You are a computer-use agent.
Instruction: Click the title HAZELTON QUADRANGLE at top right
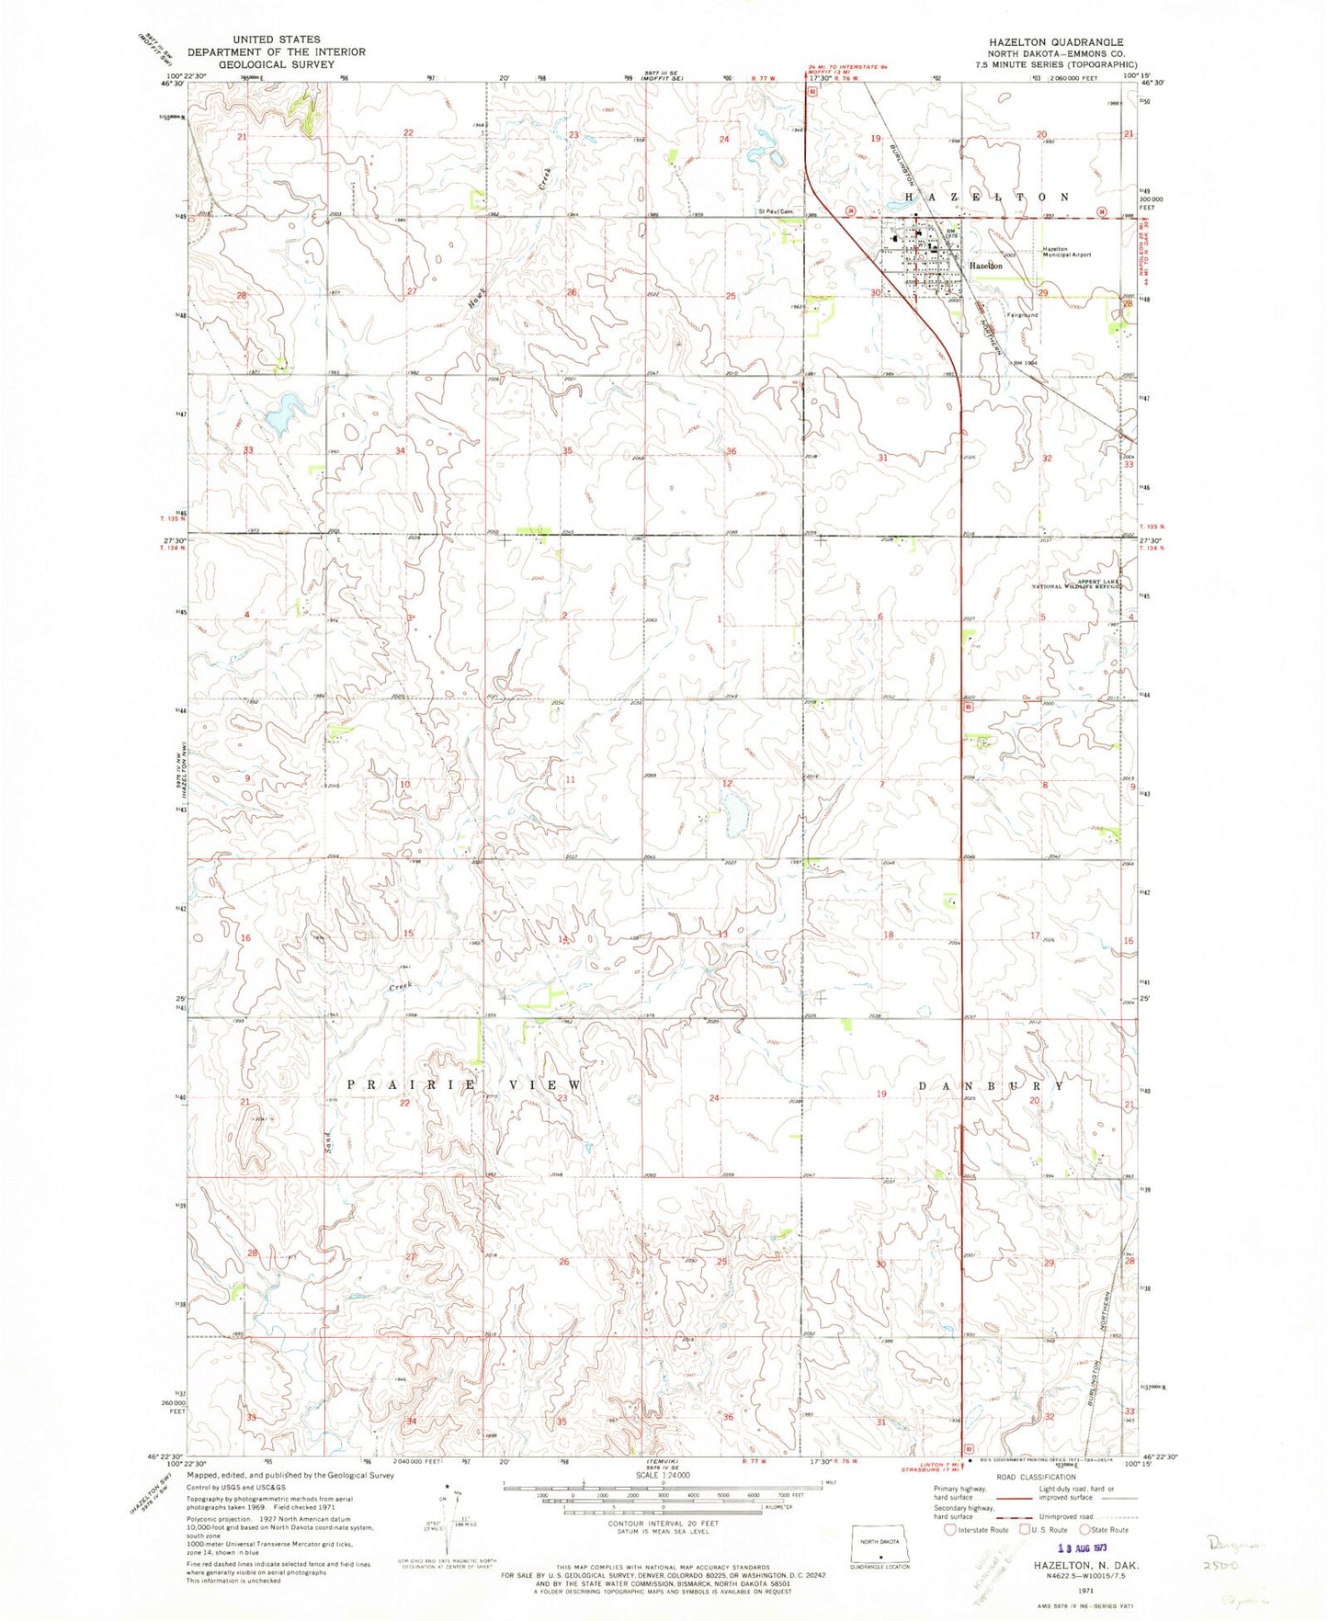1055,42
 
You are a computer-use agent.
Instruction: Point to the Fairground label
1022,314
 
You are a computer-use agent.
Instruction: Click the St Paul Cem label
775,210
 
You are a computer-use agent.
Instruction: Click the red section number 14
563,939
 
